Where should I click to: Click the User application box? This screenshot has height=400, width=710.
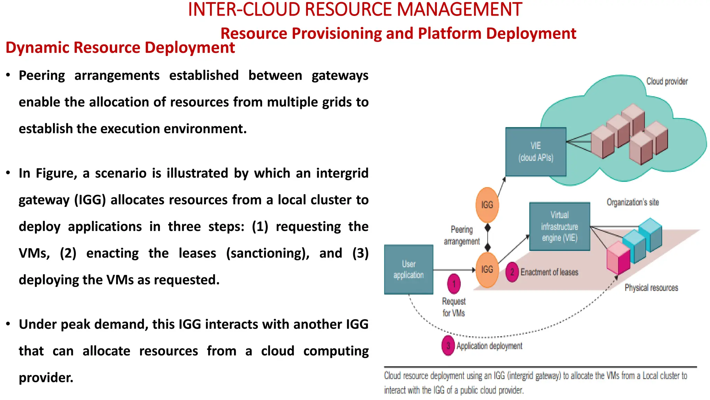[408, 269]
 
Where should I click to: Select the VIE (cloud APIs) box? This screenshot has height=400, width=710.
[536, 152]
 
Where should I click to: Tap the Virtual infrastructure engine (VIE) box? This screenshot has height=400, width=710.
[560, 226]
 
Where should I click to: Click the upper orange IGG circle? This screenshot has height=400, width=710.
[487, 205]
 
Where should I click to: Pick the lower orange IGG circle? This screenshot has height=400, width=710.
[487, 269]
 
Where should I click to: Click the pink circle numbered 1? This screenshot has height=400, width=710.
[454, 284]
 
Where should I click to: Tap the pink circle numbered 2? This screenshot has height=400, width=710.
[512, 272]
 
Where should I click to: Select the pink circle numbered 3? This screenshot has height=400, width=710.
[448, 346]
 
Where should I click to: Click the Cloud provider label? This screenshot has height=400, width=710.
[667, 81]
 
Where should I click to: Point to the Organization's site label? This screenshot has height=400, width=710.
[632, 202]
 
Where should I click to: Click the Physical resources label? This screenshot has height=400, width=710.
[651, 287]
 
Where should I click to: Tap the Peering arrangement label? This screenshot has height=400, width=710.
[461, 235]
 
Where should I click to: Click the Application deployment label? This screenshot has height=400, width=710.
[489, 346]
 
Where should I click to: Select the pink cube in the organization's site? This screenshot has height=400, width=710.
[618, 258]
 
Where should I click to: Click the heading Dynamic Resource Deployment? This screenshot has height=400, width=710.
[120, 48]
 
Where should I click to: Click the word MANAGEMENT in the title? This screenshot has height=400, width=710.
[459, 10]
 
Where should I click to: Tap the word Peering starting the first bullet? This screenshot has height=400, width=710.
[42, 75]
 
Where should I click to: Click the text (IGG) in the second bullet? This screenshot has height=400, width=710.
[90, 200]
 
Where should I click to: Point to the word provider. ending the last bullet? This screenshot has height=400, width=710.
[46, 378]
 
